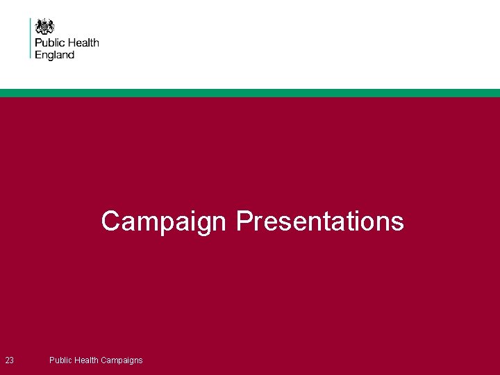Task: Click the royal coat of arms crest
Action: click(45, 26)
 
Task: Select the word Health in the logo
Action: click(83, 43)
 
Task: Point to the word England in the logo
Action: click(55, 54)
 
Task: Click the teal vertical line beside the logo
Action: click(31, 38)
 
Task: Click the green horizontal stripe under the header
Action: click(250, 93)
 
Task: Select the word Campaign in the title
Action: click(164, 222)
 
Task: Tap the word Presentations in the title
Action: click(319, 221)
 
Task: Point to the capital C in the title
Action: click(110, 221)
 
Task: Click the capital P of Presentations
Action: click(244, 221)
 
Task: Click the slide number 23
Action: click(10, 360)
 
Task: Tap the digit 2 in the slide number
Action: click(7, 360)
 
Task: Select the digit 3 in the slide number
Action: click(12, 360)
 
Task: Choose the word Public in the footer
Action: click(60, 360)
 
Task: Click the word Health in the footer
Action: click(87, 360)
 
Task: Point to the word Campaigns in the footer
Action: click(122, 360)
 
